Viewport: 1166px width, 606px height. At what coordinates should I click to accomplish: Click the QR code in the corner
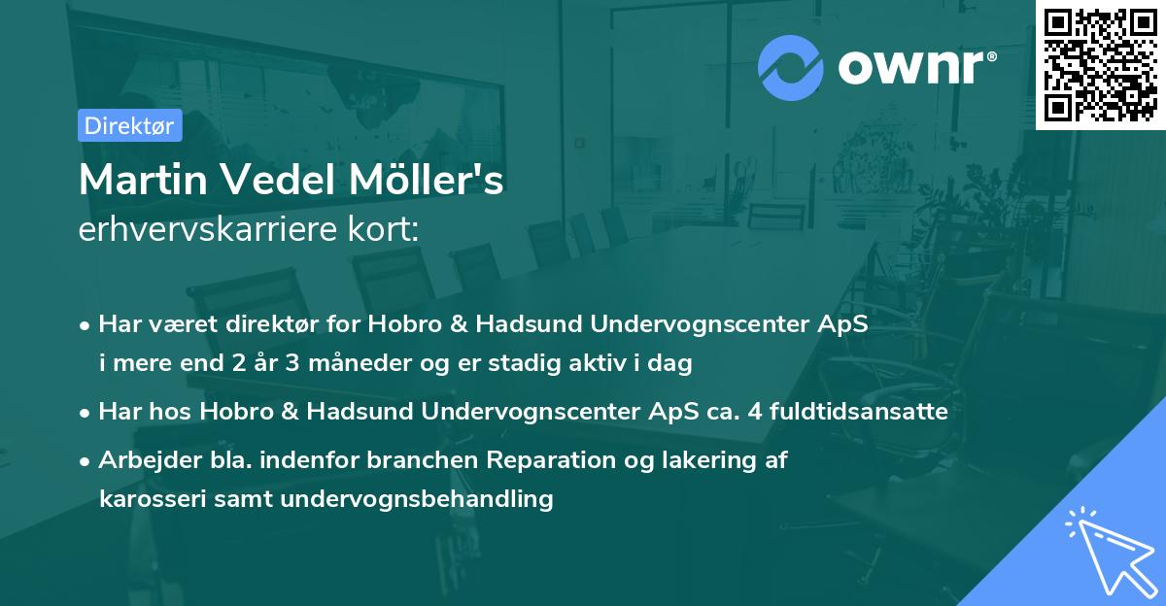[1100, 64]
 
